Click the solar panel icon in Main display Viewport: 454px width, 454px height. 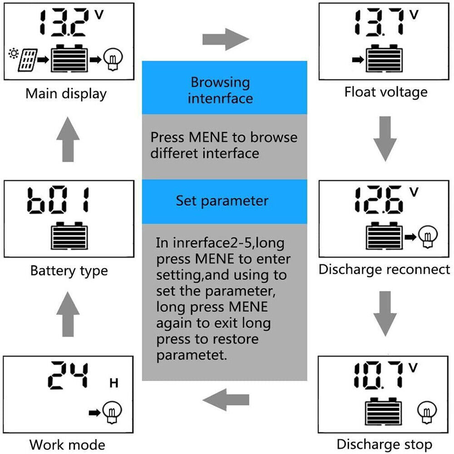(27, 60)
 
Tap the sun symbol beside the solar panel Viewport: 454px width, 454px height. (13, 55)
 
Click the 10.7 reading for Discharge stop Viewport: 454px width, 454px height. (378, 375)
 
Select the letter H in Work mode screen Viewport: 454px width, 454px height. (113, 384)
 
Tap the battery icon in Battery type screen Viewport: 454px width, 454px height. (69, 234)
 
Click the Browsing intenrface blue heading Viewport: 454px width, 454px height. (224, 89)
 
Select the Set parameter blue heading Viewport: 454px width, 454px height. (224, 201)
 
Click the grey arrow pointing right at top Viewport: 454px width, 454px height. (225, 39)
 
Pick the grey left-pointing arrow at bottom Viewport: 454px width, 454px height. (225, 400)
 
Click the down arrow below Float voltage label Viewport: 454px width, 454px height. (385, 138)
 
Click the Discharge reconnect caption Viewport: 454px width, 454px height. (384, 270)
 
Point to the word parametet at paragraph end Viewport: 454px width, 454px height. (191, 355)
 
